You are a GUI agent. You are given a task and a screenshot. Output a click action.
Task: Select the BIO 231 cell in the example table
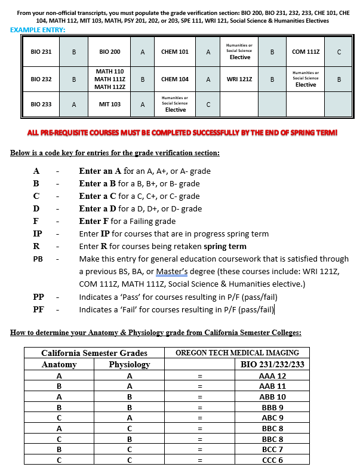click(x=41, y=52)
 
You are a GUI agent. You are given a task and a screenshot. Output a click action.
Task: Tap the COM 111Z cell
click(x=306, y=52)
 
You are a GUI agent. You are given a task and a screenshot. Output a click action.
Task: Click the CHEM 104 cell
click(x=175, y=79)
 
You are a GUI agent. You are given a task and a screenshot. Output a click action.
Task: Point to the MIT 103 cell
click(x=110, y=104)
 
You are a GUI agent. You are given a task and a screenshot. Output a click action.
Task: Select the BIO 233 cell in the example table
click(x=41, y=104)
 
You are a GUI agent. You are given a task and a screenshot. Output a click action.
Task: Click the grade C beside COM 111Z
click(x=339, y=52)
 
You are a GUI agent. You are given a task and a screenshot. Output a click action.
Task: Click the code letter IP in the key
click(x=37, y=234)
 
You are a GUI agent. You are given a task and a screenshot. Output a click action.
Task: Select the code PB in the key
click(x=37, y=259)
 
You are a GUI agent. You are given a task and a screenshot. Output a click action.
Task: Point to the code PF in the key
click(x=37, y=309)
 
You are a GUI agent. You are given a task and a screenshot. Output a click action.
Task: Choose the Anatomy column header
click(x=59, y=364)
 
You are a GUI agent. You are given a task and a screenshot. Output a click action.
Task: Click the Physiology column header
click(x=130, y=364)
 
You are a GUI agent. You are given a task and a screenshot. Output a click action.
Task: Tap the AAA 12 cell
click(x=272, y=376)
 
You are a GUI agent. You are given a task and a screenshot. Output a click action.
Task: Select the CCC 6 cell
click(x=272, y=460)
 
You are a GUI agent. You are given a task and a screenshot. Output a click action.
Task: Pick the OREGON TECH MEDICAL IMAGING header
click(x=238, y=352)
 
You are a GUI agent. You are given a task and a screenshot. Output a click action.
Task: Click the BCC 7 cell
click(x=272, y=449)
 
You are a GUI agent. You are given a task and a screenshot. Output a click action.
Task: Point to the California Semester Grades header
click(x=94, y=352)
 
